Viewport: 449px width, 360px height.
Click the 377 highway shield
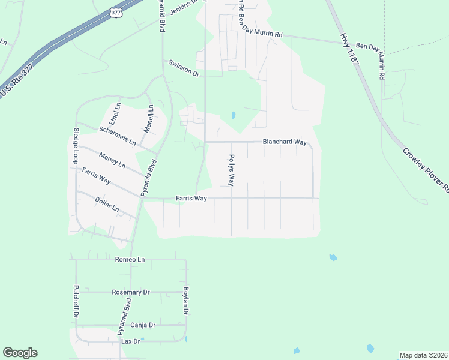(116, 12)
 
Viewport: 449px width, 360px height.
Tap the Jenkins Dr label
(183, 8)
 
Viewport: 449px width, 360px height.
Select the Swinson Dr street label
(184, 67)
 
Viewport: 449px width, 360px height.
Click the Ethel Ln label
(114, 113)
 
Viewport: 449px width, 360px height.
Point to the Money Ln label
(112, 160)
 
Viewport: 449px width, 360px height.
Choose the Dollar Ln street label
(108, 205)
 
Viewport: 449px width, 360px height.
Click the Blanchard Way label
(285, 142)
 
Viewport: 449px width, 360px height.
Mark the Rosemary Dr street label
(130, 292)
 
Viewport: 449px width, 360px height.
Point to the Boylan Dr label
(186, 301)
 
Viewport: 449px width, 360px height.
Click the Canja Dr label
(143, 325)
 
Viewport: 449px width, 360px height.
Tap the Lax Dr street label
(130, 341)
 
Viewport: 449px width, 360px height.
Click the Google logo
(20, 353)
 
